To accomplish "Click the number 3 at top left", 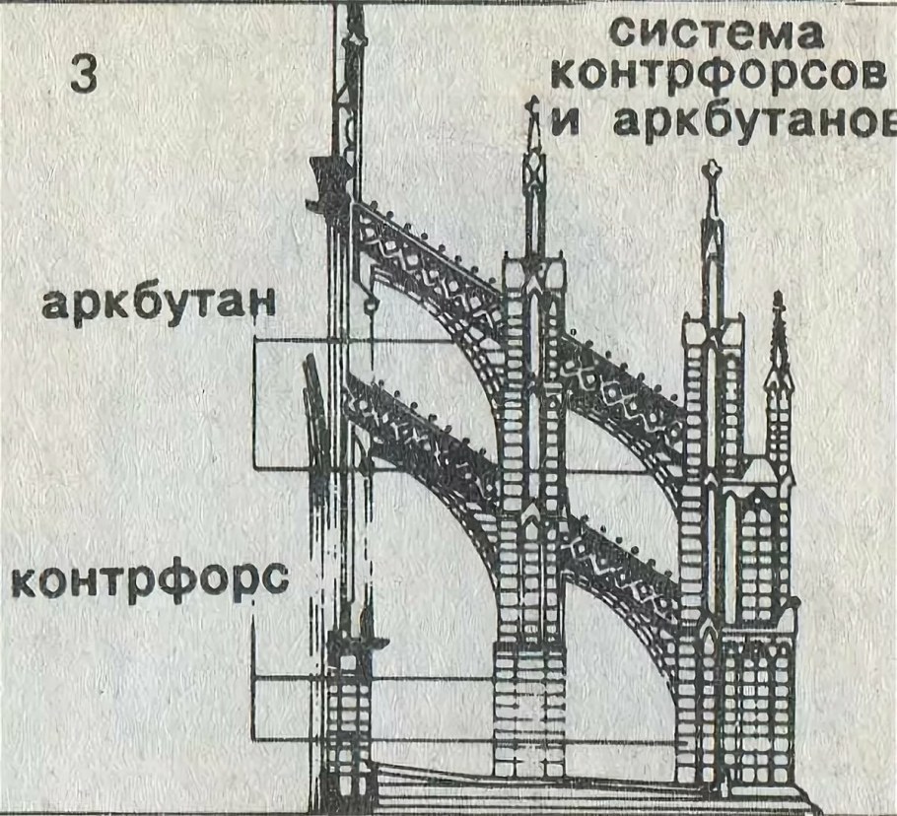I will [x=85, y=76].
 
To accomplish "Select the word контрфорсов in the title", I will [x=716, y=77].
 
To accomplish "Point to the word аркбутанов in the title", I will [x=748, y=122].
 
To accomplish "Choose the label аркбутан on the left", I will [x=156, y=306].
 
